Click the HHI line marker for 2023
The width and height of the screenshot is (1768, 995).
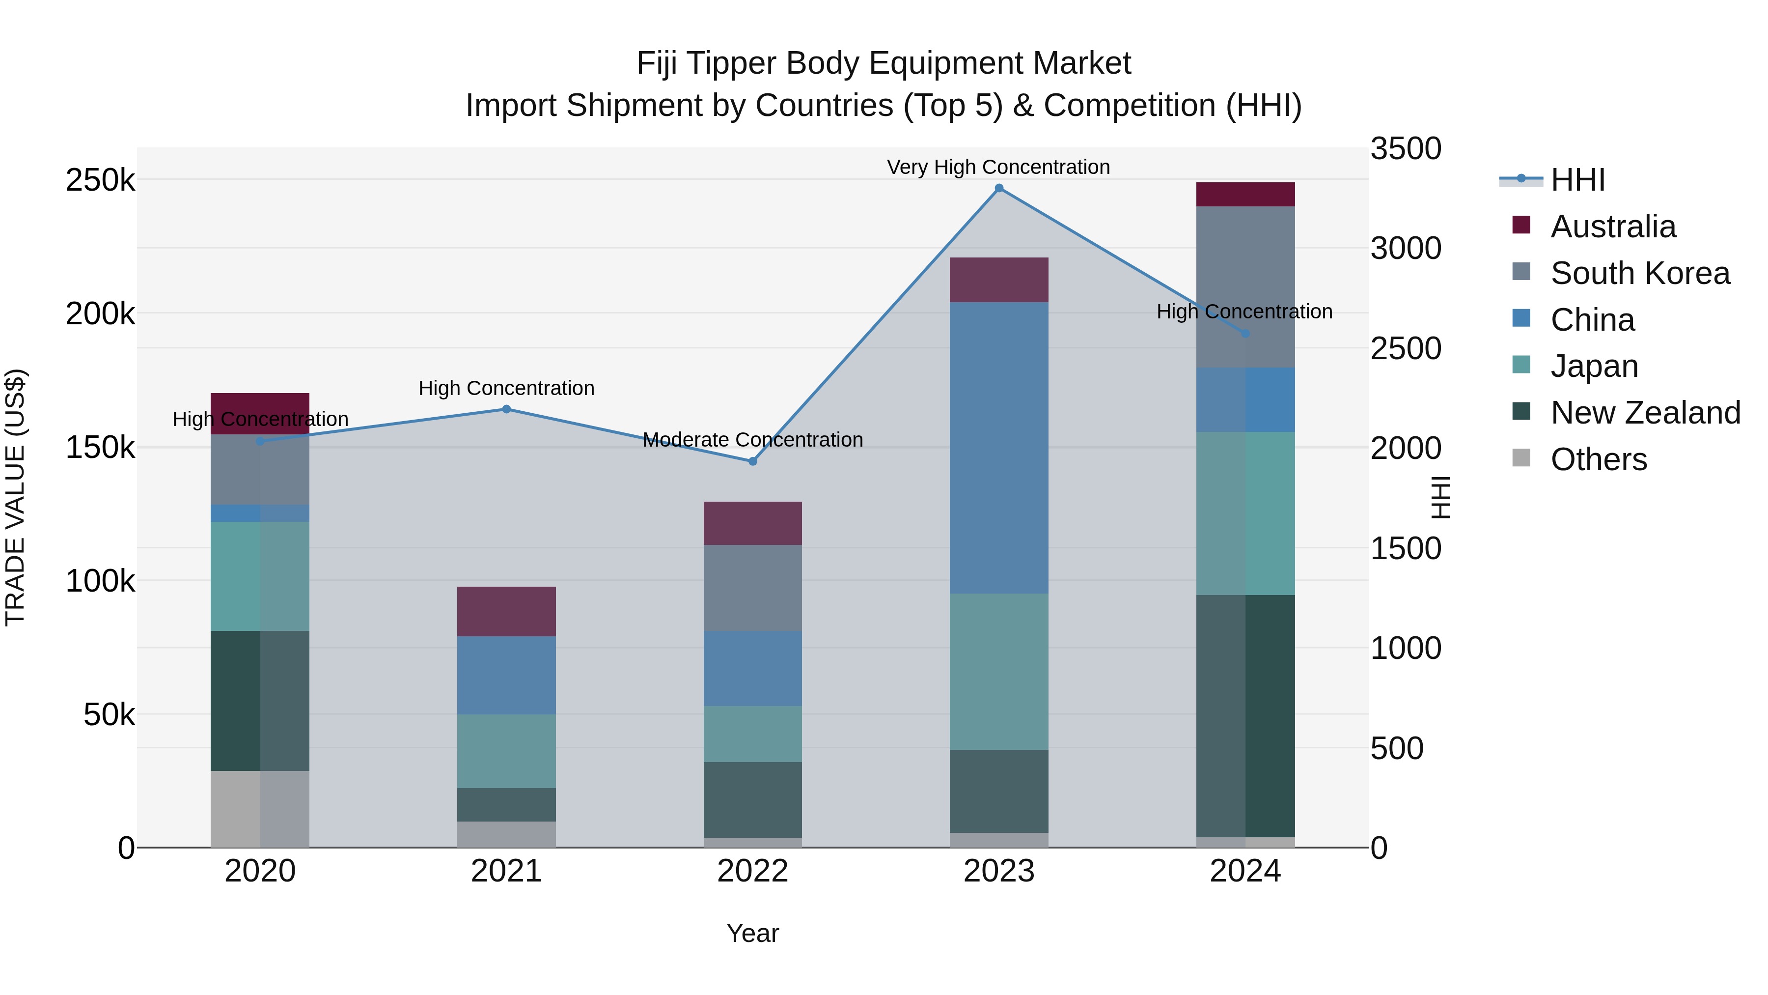click(x=998, y=188)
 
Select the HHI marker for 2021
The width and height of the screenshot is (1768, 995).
click(x=506, y=409)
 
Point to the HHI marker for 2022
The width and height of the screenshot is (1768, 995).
click(x=752, y=461)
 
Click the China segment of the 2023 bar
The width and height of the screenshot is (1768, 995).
click(x=998, y=448)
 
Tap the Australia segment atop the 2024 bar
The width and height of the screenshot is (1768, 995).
click(x=1245, y=194)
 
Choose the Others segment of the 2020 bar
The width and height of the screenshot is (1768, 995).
click(x=259, y=809)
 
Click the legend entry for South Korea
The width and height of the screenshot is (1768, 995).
click(x=1639, y=273)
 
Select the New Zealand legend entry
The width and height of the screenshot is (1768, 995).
click(x=1644, y=413)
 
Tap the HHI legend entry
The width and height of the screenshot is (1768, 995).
click(x=1576, y=180)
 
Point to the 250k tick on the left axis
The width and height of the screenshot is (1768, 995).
click(x=100, y=181)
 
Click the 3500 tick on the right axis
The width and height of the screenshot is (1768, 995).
click(x=1405, y=149)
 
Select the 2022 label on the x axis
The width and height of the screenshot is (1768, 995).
click(x=752, y=871)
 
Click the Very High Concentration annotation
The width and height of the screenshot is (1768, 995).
click(x=998, y=167)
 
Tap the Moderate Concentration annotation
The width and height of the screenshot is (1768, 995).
click(x=752, y=439)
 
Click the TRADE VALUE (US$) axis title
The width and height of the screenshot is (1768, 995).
click(x=15, y=497)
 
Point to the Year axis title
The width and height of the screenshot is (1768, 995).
click(x=752, y=933)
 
